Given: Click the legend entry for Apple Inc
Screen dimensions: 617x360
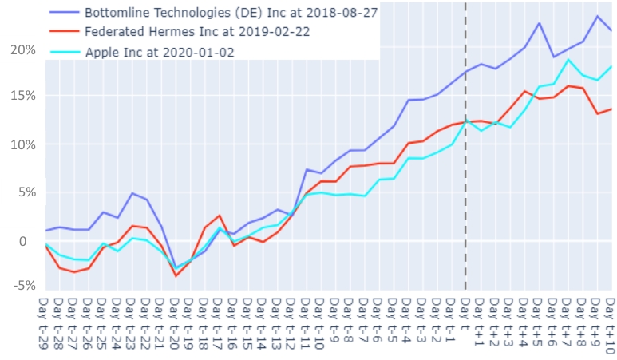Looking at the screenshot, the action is (160, 53).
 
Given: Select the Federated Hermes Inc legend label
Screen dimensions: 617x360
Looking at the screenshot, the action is (197, 31).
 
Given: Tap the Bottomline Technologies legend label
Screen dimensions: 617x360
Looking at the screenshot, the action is (231, 13).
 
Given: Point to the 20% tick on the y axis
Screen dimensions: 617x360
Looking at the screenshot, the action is (23, 50).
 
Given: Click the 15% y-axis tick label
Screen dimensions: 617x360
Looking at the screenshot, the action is (23, 96).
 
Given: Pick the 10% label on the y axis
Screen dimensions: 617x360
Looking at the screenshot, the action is (23, 144).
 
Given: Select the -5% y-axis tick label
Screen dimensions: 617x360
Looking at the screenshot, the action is (24, 285).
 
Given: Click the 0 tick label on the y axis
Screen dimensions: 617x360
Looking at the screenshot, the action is (23, 241).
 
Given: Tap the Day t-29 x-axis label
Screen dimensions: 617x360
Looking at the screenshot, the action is (43, 324).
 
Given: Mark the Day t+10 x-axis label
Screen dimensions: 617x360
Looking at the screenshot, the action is (611, 324).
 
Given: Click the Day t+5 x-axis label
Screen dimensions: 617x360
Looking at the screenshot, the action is (537, 322).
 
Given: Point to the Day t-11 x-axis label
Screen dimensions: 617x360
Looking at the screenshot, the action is (306, 324).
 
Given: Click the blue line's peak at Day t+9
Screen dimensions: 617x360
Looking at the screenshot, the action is (597, 16).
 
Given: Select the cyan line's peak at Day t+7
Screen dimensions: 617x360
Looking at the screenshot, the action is (568, 60).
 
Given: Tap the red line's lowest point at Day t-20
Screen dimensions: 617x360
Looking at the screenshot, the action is (176, 276).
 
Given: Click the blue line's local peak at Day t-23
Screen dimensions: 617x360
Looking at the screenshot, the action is (132, 193).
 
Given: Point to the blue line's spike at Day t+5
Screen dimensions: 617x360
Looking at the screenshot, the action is (539, 23).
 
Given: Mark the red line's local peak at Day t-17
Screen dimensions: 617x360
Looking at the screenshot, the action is (220, 216).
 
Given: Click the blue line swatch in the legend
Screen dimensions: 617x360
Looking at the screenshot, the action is (65, 13).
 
